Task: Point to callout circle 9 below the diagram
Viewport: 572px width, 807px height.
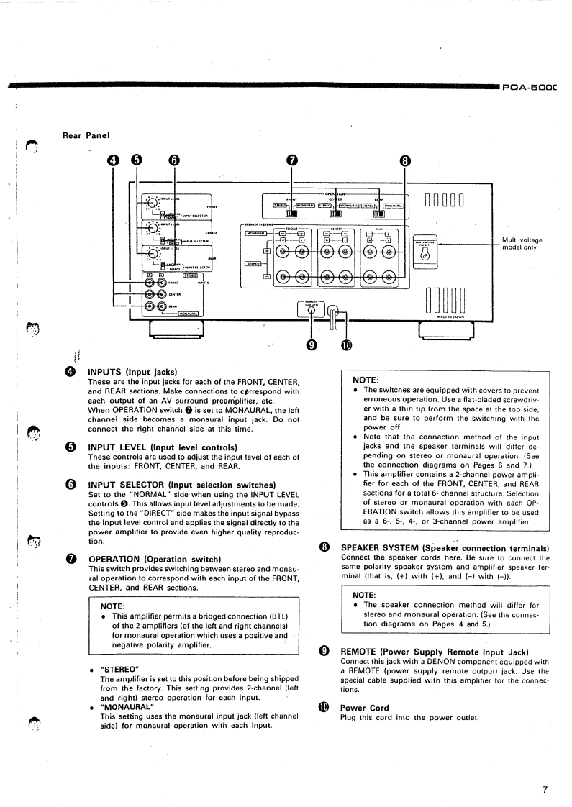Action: [x=312, y=345]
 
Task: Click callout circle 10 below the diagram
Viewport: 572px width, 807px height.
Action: [x=346, y=345]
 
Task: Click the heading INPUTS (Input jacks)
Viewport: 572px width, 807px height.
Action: [x=132, y=372]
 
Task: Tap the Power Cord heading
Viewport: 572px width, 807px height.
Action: [x=364, y=707]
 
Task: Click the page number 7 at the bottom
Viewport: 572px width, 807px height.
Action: [x=545, y=790]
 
